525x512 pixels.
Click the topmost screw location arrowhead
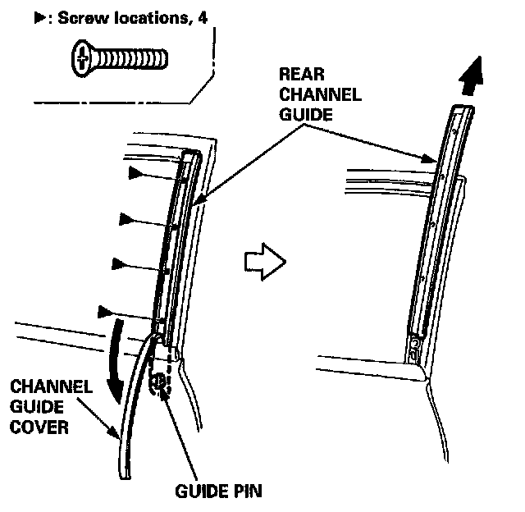(136, 173)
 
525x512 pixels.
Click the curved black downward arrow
(120, 361)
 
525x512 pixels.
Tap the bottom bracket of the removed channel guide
(417, 349)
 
